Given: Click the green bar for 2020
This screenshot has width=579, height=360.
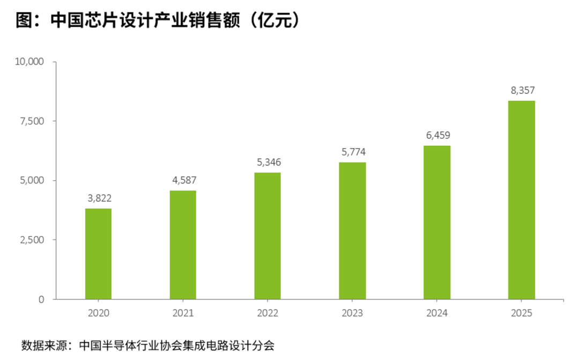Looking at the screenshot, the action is click(x=98, y=254).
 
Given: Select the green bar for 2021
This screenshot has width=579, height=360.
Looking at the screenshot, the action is click(x=183, y=245).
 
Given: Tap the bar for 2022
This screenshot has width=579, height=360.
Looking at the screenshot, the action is click(x=268, y=236).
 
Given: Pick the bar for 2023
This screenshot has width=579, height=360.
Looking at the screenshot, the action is click(x=352, y=231).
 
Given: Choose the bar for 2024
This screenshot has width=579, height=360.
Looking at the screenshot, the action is click(x=437, y=223).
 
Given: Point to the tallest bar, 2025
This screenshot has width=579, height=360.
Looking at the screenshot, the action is click(x=522, y=200).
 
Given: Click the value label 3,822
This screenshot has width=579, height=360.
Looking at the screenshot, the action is click(x=99, y=199).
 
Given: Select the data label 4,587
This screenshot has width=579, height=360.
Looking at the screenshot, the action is click(x=184, y=180).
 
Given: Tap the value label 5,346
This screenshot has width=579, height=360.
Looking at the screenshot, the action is click(x=269, y=162).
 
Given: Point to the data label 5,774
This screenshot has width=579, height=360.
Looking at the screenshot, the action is click(x=353, y=152).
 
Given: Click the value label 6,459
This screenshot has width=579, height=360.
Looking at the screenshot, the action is click(x=438, y=135).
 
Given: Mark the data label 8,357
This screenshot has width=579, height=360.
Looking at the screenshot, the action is click(x=523, y=90).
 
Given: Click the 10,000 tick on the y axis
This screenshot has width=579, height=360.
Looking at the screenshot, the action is click(x=29, y=61).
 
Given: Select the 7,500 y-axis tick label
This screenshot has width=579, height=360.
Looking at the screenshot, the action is click(x=32, y=121).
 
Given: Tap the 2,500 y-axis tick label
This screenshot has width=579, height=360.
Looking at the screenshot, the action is click(x=32, y=240).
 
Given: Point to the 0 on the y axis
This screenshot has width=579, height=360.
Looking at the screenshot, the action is click(x=41, y=299).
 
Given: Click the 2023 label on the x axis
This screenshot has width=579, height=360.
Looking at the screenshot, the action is click(x=352, y=313).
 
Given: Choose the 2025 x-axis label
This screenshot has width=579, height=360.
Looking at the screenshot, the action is click(x=522, y=313).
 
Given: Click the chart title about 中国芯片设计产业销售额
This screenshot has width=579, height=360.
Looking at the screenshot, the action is click(x=158, y=20).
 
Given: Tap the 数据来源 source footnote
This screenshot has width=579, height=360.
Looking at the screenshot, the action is click(x=148, y=346).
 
